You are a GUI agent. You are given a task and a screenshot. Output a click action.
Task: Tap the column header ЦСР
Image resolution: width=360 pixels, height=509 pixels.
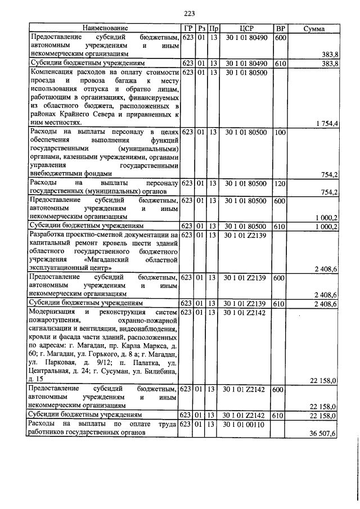click(247, 28)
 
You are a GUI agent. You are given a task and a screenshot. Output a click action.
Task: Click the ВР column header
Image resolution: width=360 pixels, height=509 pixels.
click(280, 28)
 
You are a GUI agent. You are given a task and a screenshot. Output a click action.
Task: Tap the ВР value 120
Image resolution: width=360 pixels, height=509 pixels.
click(280, 183)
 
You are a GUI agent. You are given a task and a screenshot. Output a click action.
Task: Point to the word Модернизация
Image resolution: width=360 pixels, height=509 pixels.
click(52, 311)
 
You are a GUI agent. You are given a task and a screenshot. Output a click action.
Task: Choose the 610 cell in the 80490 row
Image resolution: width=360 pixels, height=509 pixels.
click(280, 64)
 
